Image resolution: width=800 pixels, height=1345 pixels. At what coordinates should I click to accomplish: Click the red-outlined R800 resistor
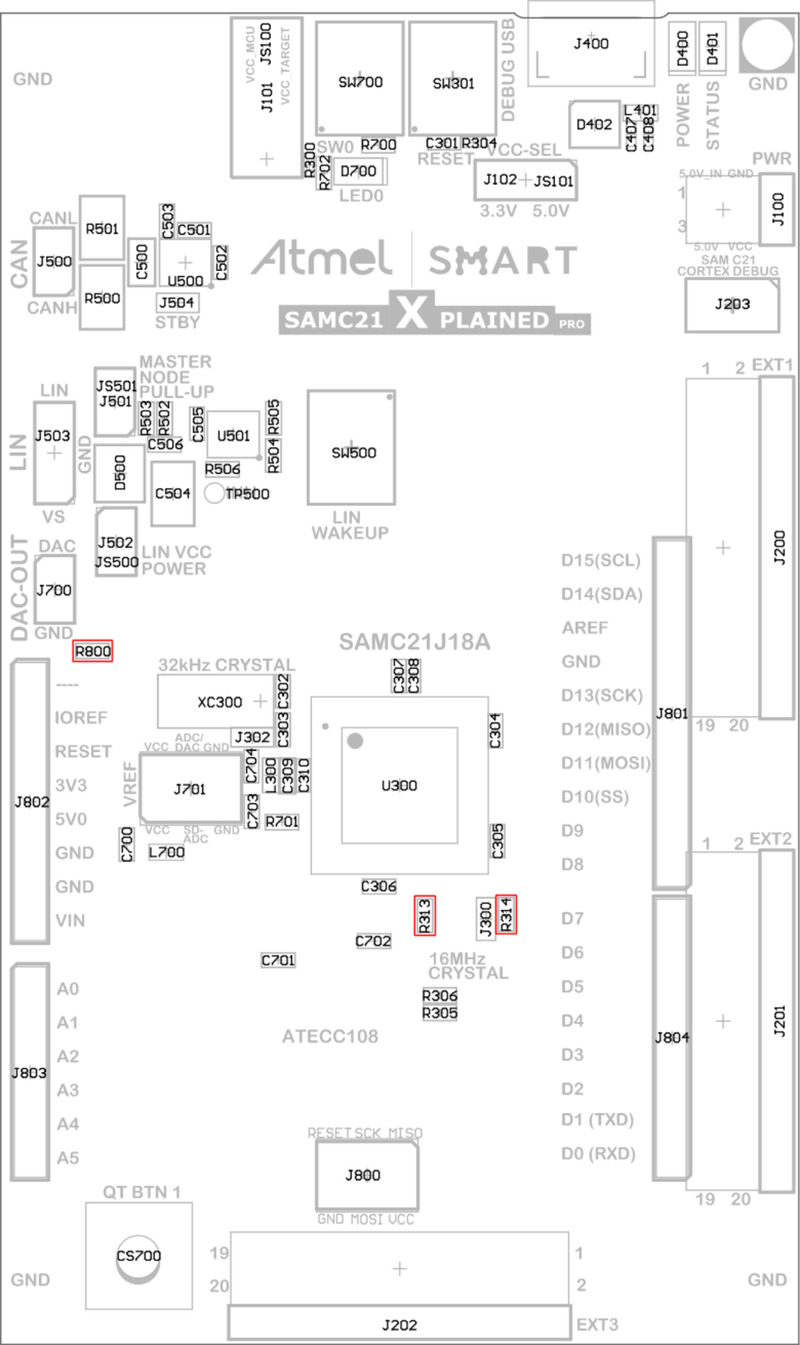(92, 651)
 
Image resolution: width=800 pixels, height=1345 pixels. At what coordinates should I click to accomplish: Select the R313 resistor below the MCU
(425, 916)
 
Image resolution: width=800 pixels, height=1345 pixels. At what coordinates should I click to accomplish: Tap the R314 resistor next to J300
(506, 914)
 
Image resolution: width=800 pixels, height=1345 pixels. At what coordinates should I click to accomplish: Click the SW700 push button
(360, 79)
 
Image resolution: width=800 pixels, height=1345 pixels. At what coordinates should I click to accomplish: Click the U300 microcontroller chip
(399, 786)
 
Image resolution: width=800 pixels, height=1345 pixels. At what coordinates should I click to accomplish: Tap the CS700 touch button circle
(138, 1256)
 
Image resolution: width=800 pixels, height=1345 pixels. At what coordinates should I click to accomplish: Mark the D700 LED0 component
(358, 171)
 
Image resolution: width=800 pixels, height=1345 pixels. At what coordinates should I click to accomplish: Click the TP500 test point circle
(215, 493)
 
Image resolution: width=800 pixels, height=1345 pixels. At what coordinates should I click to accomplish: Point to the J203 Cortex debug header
(732, 305)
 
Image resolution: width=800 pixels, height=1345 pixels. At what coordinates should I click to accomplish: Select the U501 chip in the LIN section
(233, 436)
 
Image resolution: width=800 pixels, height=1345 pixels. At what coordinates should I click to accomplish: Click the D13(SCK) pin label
(602, 696)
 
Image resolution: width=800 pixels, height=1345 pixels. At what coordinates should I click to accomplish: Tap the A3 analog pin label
(68, 1090)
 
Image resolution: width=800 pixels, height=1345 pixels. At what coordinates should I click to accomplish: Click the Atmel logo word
(322, 258)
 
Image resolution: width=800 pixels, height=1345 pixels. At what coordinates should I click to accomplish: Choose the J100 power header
(777, 209)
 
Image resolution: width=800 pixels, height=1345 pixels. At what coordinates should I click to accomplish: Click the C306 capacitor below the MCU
(378, 886)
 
